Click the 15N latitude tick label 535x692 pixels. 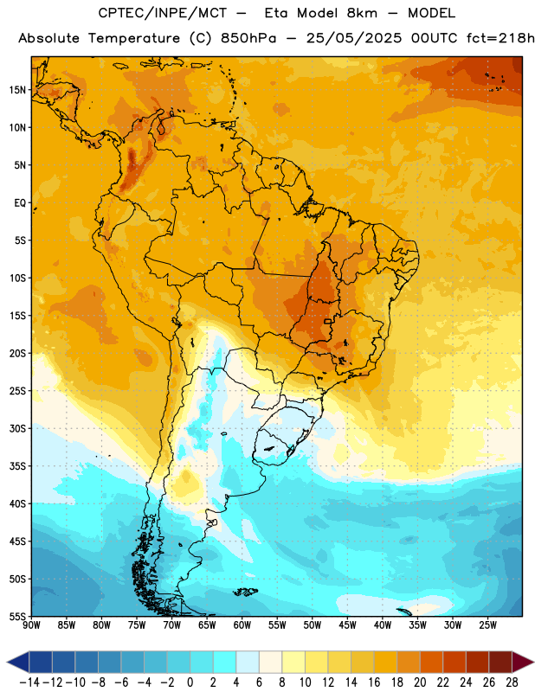point(17,90)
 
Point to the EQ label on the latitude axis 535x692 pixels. point(20,203)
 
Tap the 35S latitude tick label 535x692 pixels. point(17,466)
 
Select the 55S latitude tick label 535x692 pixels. point(17,616)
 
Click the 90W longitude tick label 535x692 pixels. point(32,625)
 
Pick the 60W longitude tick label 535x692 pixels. point(242,625)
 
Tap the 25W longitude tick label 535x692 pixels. point(487,625)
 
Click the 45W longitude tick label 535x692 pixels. point(347,625)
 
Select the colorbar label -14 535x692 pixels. point(29,682)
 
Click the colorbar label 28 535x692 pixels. point(512,682)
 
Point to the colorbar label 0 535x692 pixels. point(190,682)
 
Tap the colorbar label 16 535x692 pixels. point(374,682)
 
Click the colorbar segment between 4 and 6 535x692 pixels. point(248,663)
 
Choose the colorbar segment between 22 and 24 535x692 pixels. point(454,663)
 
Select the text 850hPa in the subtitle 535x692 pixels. point(248,38)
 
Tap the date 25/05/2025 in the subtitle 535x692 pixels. point(354,38)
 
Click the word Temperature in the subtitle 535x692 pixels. point(134,39)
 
